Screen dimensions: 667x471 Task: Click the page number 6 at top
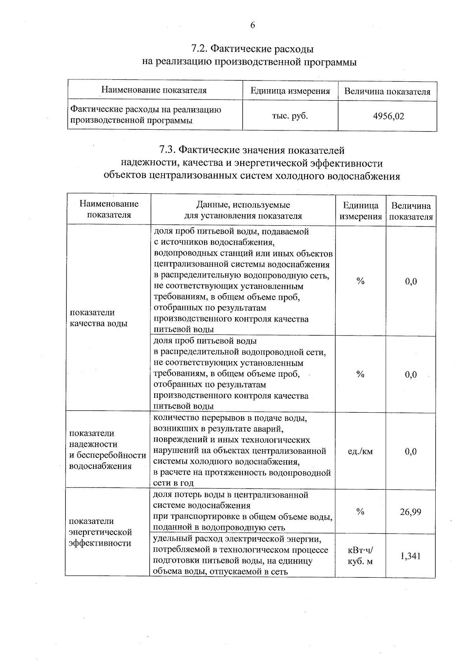point(252,26)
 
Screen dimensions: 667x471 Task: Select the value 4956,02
point(389,116)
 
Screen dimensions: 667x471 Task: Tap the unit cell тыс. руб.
point(290,116)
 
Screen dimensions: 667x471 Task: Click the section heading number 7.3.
point(168,150)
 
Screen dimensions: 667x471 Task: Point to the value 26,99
point(411,512)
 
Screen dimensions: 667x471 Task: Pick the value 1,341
point(411,556)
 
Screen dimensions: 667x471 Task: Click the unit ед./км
point(360,451)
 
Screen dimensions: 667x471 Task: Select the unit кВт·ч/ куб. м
point(360,556)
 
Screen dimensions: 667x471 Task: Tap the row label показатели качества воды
point(98,318)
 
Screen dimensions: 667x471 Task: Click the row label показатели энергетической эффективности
point(100,532)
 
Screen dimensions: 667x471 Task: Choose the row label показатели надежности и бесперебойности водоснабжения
point(107,450)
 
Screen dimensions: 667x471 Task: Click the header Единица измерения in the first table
point(290,91)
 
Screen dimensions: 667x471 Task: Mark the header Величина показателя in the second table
point(411,211)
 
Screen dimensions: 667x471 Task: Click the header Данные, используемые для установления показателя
point(243,210)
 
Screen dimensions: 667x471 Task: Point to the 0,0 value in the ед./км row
point(411,452)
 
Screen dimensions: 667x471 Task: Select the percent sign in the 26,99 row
point(360,512)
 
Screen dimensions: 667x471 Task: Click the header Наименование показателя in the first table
point(154,90)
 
